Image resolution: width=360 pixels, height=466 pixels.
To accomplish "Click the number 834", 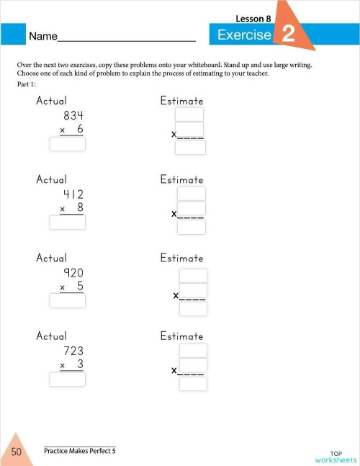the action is pyautogui.click(x=73, y=115).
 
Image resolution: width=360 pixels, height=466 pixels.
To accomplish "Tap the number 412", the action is pyautogui.click(x=73, y=194).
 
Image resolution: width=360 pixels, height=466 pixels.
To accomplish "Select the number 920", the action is pyautogui.click(x=73, y=272).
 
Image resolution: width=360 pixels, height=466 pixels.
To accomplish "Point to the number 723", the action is pyautogui.click(x=73, y=351).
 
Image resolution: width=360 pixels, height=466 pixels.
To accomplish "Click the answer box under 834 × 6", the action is pyautogui.click(x=67, y=144).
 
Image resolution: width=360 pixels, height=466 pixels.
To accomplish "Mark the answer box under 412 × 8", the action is pyautogui.click(x=67, y=223).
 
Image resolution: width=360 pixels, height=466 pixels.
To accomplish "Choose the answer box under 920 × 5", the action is pyautogui.click(x=67, y=301).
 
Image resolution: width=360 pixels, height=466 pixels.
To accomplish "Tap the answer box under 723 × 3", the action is pyautogui.click(x=67, y=380).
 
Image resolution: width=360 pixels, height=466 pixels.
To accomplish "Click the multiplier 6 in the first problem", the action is pyautogui.click(x=80, y=129).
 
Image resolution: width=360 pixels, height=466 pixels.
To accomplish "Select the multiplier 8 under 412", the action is pyautogui.click(x=80, y=207).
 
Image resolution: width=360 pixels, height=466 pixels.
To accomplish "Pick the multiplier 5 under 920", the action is pyautogui.click(x=80, y=286).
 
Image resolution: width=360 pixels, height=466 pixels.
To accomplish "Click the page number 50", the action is pyautogui.click(x=16, y=452).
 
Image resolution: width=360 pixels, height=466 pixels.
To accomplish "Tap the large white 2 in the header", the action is pyautogui.click(x=288, y=35).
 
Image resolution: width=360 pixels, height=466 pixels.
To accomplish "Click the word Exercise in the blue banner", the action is pyautogui.click(x=244, y=35).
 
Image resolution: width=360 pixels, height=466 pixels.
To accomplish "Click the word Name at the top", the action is pyautogui.click(x=42, y=35).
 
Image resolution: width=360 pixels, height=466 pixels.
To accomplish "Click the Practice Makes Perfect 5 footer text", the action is pyautogui.click(x=79, y=451).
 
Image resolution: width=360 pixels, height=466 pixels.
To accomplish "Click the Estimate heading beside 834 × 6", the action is pyautogui.click(x=181, y=101).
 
